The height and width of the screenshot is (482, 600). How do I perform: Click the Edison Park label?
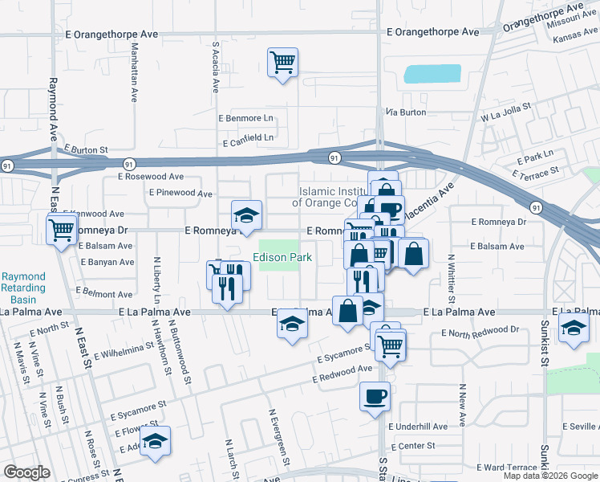(282, 258)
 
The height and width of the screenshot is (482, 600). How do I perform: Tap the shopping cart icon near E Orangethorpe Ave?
(282, 61)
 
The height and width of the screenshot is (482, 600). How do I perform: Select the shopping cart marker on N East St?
(62, 231)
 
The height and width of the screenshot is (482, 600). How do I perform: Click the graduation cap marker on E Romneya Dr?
(247, 215)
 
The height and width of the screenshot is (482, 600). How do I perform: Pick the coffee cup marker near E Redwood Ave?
(375, 396)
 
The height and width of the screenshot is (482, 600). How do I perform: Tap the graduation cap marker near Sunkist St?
(573, 328)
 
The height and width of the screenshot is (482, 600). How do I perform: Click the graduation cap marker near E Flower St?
(155, 440)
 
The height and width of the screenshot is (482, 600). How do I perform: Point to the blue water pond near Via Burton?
(432, 74)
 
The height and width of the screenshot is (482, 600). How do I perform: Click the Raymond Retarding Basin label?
(23, 286)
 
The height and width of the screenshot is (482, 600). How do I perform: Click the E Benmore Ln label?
(246, 118)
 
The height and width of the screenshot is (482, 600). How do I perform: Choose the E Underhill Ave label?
(418, 427)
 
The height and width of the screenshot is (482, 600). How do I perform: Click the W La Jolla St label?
(506, 112)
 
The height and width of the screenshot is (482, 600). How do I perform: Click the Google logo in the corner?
(27, 472)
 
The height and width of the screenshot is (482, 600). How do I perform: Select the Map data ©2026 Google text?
(550, 476)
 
